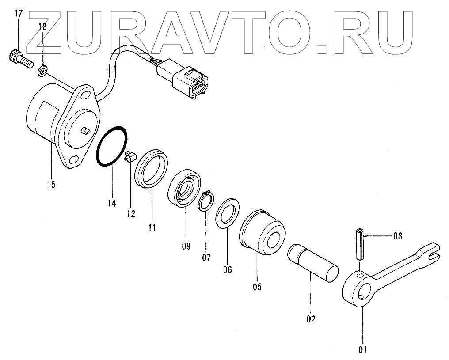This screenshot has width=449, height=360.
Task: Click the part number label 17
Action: coord(18,13)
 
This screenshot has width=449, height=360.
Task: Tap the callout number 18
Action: coord(42,27)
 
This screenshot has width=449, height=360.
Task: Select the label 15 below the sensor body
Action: coord(51,184)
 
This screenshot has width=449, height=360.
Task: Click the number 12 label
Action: coord(130,214)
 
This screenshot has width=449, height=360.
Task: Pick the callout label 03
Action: coord(397,236)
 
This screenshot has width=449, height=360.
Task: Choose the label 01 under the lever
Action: coord(363,350)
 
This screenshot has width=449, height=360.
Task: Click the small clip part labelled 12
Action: coord(129,156)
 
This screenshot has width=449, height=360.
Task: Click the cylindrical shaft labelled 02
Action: coord(312,264)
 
